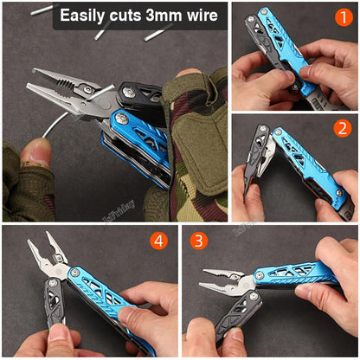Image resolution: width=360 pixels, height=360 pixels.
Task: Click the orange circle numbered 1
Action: (x=344, y=18)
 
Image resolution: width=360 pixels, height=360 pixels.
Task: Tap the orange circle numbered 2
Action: (x=343, y=128)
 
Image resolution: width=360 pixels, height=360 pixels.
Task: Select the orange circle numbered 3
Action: (x=200, y=241)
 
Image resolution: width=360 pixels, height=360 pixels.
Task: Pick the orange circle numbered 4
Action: (x=157, y=241)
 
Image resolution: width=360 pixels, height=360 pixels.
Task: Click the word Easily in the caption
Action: (x=85, y=15)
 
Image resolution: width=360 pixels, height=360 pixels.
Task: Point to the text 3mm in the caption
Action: (x=174, y=15)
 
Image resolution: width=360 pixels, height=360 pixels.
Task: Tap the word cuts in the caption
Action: (x=132, y=15)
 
